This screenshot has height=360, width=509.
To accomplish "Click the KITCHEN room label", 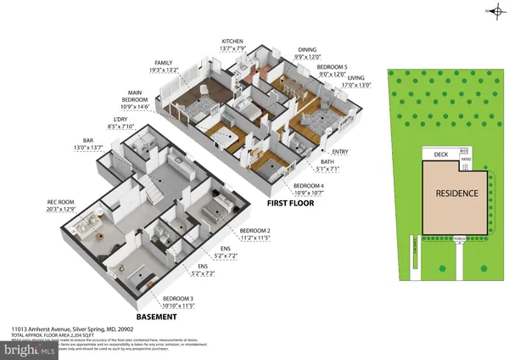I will pyautogui.click(x=232, y=41).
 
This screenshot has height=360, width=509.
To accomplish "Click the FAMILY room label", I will pyautogui.click(x=163, y=63).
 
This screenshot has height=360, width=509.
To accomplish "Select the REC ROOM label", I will pyautogui.click(x=61, y=202).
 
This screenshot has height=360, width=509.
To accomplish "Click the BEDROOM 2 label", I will pyautogui.click(x=255, y=231).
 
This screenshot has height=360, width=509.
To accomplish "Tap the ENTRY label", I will pyautogui.click(x=351, y=152).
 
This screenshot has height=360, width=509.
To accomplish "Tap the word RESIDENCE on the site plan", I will pyautogui.click(x=457, y=193).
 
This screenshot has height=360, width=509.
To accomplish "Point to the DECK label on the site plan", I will pyautogui.click(x=440, y=155).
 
